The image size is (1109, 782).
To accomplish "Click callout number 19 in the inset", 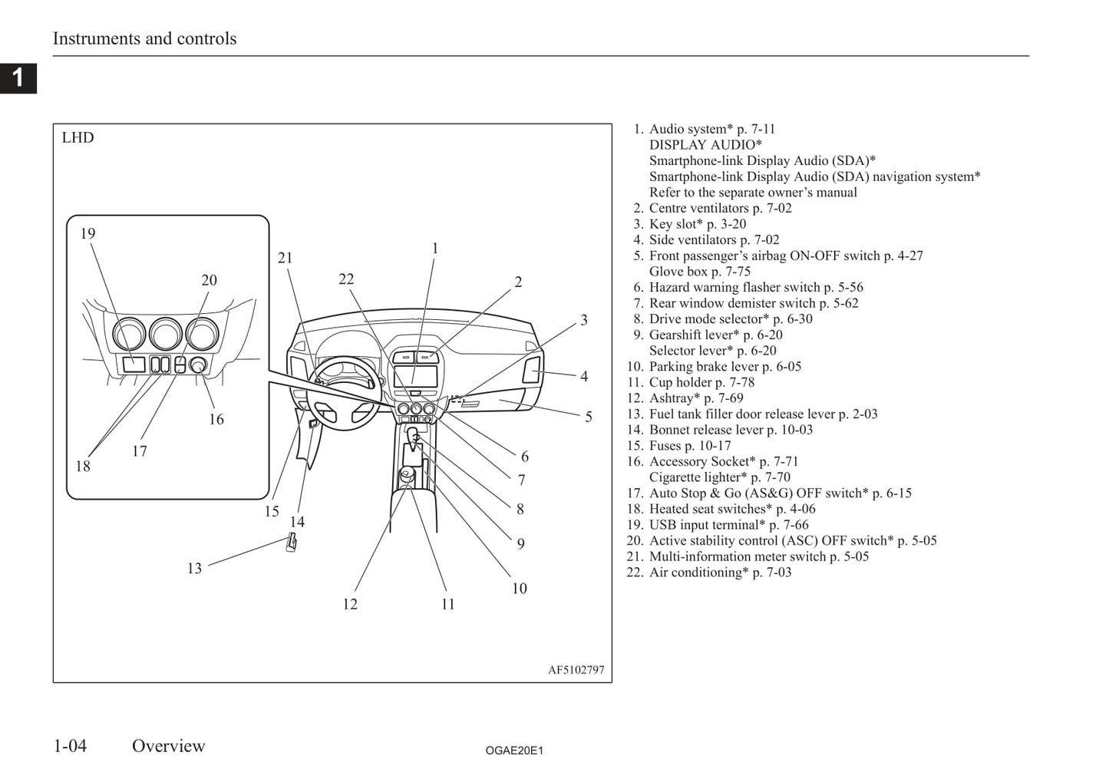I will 87,233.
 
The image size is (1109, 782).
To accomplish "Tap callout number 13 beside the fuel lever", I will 194,568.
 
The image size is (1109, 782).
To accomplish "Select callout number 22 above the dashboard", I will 346,279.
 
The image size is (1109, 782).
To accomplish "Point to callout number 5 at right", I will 589,417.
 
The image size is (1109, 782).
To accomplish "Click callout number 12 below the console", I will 350,604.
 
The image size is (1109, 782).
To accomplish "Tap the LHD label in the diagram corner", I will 78,138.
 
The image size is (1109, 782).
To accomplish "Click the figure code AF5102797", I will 576,670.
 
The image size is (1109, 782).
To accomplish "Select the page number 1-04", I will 70,746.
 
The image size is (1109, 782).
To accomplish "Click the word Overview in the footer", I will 168,746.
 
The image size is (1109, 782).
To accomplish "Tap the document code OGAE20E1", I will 514,751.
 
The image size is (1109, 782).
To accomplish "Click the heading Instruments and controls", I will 144,38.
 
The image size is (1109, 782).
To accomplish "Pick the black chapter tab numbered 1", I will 18,78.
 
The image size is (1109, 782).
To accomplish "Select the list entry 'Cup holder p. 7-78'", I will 701,382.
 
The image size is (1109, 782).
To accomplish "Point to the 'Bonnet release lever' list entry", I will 731,430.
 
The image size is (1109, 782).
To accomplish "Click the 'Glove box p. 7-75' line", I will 699,271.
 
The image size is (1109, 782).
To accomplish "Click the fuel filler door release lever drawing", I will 292,541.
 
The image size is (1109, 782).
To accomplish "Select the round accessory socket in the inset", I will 198,365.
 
